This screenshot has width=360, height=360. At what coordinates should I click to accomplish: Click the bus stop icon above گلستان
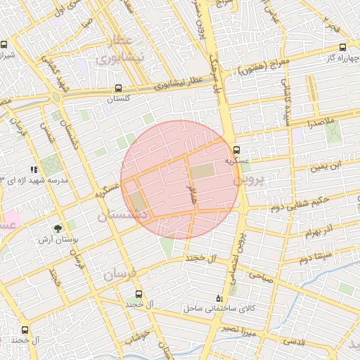click(x=117, y=89)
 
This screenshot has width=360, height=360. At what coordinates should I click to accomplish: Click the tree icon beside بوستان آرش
click(x=58, y=228)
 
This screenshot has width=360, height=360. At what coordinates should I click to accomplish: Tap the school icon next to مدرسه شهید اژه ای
click(x=33, y=169)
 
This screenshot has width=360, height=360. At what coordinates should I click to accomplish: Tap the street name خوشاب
click(x=139, y=337)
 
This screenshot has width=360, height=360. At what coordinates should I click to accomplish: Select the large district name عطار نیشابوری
click(x=131, y=48)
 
